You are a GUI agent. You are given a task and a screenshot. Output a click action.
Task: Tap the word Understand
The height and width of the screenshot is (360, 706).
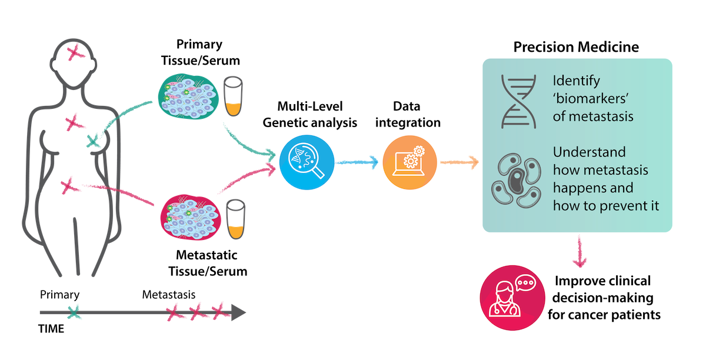pos(589,152)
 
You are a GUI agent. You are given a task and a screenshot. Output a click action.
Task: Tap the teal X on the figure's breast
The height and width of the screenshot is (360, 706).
pos(93,141)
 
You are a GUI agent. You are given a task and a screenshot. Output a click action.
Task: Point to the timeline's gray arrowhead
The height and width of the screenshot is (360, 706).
pos(238,312)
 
